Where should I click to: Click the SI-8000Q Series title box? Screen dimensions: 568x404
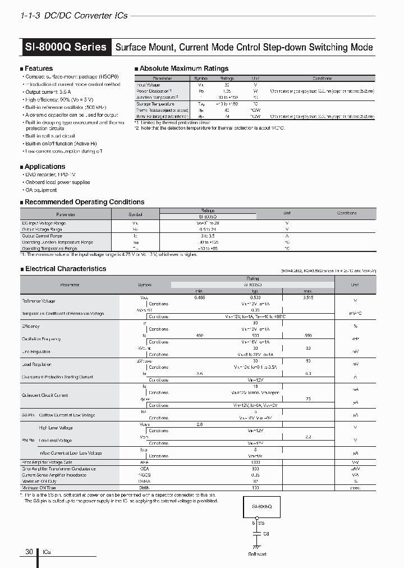click(x=66, y=47)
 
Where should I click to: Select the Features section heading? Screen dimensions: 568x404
click(x=39, y=68)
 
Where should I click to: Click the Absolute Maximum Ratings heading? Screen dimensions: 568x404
click(x=183, y=68)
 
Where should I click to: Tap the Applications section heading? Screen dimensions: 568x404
click(x=45, y=167)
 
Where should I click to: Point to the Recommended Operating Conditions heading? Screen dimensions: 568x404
click(x=84, y=202)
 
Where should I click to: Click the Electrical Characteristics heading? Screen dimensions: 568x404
click(x=65, y=269)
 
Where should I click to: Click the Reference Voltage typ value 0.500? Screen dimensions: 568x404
click(x=255, y=297)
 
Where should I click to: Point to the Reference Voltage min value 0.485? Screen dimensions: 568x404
click(x=199, y=297)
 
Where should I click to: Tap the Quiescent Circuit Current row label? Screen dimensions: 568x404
click(x=45, y=395)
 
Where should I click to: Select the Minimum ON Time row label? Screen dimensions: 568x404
click(x=39, y=488)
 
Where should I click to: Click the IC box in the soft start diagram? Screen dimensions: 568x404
click(x=259, y=506)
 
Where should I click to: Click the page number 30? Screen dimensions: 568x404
click(x=29, y=552)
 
